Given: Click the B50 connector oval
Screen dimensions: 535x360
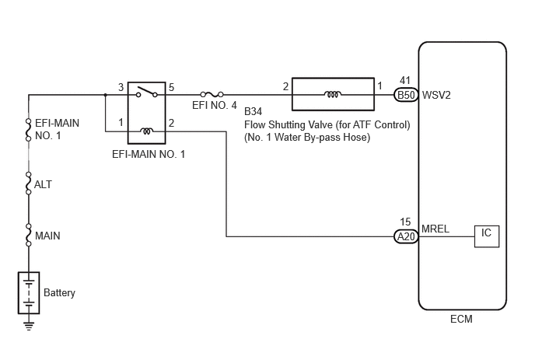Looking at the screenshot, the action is coord(406,95).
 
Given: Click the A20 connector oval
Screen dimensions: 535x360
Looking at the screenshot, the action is coord(406,236).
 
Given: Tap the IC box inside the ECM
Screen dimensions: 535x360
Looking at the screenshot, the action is coord(487,236).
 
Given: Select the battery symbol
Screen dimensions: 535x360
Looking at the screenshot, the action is coord(29,293).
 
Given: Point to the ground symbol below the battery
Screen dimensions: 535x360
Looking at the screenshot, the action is coord(29,326).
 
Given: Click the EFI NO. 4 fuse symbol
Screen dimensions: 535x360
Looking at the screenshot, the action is coord(212,94).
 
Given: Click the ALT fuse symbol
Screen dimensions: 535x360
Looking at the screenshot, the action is coord(29,183).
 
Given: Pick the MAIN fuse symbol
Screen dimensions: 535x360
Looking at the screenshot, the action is coord(29,235).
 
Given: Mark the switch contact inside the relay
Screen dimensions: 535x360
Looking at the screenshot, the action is coord(147,93).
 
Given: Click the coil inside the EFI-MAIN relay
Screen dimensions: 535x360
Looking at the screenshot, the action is coord(147,131).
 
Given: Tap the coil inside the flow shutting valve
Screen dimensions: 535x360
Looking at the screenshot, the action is coord(333,94).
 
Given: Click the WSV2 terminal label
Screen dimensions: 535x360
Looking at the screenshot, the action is coord(436,95).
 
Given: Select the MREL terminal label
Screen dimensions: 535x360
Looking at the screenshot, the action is coord(435,229).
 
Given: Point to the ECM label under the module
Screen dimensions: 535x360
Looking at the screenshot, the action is coord(461,319).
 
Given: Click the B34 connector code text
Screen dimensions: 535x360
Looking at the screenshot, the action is coord(254,112).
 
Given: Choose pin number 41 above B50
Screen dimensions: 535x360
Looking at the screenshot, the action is coord(405,81).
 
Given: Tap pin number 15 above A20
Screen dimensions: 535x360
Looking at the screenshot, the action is coord(405,222).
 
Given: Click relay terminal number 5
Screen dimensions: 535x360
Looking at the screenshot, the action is coord(171,87).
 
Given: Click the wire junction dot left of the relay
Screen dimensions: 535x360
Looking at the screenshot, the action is coord(106,95).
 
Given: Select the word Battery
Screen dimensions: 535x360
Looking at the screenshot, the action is coord(59,293).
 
